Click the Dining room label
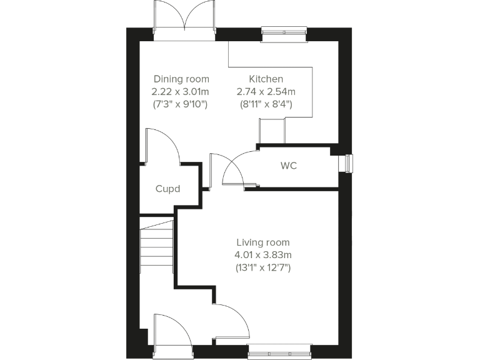[181, 79]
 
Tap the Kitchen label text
[266, 79]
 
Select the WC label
[289, 166]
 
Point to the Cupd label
[167, 189]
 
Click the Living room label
[263, 242]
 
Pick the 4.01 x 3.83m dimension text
[263, 255]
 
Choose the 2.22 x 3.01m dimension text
[181, 92]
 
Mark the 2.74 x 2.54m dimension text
[266, 92]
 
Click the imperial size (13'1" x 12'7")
[263, 267]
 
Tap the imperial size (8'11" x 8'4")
[266, 104]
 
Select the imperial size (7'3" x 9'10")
[181, 104]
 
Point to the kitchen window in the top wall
[284, 33]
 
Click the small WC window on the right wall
[346, 163]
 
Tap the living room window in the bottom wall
[279, 351]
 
